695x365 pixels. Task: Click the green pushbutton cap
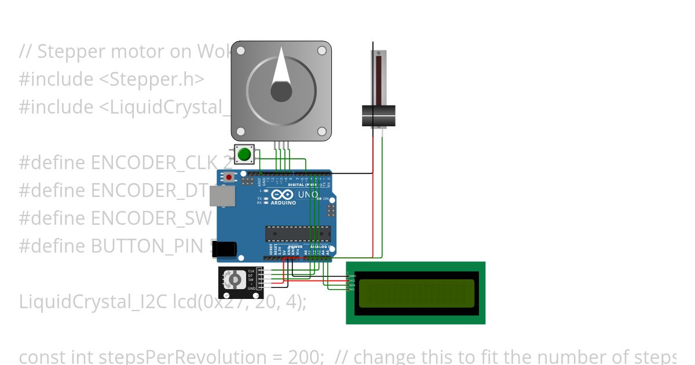click(244, 155)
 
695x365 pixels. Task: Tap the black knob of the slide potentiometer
click(378, 115)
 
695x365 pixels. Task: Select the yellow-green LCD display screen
click(416, 293)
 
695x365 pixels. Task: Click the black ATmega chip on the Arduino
click(298, 233)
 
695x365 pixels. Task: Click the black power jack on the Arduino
click(224, 249)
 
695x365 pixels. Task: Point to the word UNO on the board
click(308, 195)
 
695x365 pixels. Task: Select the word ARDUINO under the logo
click(283, 203)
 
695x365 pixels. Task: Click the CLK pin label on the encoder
click(251, 271)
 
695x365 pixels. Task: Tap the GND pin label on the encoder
click(251, 288)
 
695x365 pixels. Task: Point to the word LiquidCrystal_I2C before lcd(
click(94, 302)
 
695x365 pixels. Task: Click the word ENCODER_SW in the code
click(152, 218)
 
